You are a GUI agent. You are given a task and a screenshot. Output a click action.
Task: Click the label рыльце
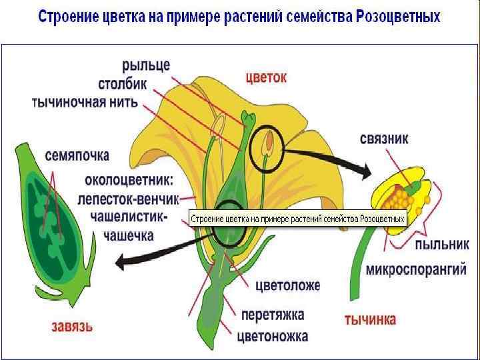(145, 66)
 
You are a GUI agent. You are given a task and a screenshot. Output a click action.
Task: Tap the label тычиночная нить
(85, 102)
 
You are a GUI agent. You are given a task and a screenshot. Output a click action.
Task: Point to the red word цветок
(267, 77)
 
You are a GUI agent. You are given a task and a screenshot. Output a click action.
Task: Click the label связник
(384, 139)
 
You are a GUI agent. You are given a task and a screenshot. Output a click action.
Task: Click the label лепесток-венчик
(129, 199)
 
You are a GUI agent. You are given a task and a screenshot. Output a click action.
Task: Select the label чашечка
(129, 235)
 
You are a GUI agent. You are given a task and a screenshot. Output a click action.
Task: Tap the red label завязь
(72, 327)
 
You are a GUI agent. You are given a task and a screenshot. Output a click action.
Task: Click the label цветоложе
(288, 286)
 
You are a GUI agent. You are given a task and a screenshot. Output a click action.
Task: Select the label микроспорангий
(412, 271)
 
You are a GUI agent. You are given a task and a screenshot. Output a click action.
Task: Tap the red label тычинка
(370, 319)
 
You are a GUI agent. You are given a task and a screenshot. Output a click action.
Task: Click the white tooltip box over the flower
(298, 218)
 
